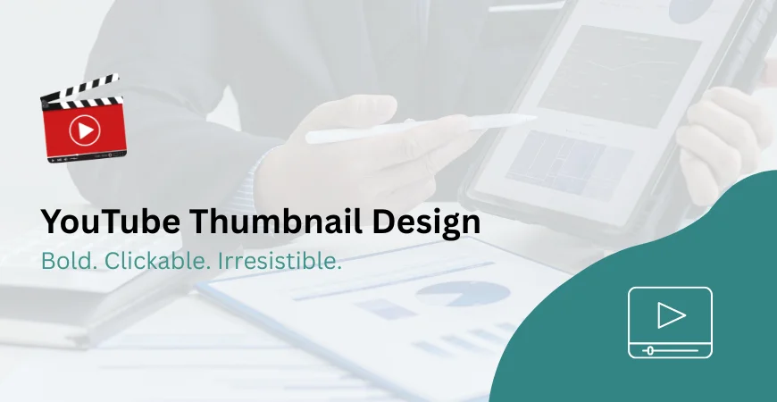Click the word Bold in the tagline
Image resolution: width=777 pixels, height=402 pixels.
65,262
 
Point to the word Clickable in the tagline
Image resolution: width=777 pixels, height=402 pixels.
148,262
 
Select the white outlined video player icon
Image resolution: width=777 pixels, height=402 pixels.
670,322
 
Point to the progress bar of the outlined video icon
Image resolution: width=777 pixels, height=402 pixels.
670,349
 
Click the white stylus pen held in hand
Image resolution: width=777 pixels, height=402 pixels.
420,127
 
